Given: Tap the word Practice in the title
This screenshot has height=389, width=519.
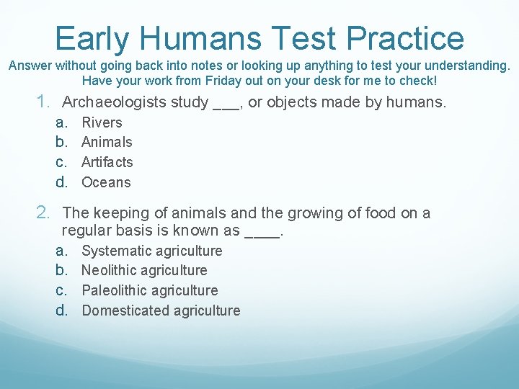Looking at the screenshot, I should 405,37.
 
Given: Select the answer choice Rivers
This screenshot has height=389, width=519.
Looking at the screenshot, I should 102,122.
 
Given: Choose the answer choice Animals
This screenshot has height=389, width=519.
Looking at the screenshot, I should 107,142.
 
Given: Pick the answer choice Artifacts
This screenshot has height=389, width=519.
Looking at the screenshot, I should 107,162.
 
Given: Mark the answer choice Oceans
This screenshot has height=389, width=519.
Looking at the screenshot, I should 106,182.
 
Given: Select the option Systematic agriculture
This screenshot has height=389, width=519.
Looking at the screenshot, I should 152,251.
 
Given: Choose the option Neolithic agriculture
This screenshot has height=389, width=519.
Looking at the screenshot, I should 144,270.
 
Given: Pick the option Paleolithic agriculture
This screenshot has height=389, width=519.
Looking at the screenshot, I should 149,290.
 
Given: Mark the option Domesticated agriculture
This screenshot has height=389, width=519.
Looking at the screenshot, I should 161,310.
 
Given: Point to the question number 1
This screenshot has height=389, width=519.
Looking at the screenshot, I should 43,102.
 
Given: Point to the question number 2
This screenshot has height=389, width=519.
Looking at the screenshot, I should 43,213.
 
